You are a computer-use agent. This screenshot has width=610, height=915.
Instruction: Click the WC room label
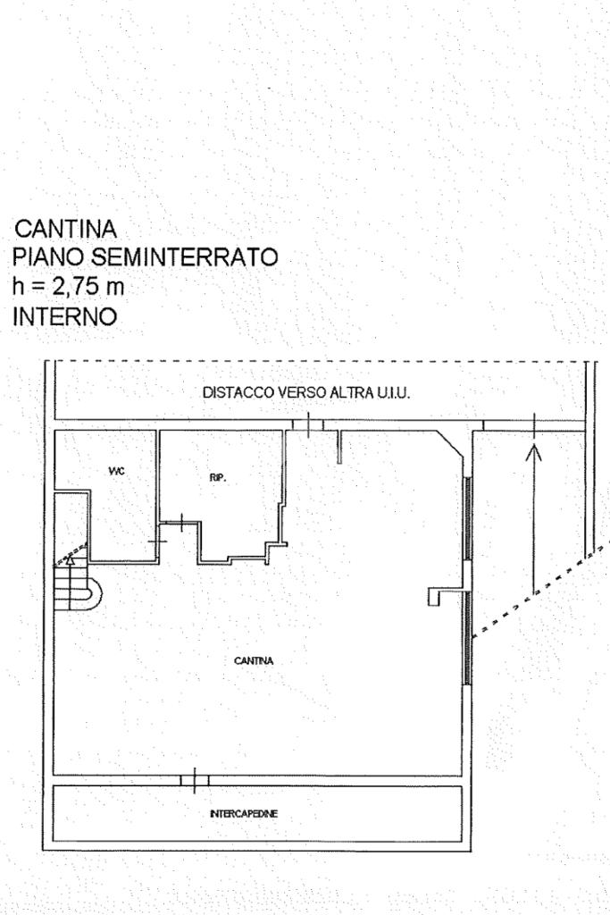pos(117,470)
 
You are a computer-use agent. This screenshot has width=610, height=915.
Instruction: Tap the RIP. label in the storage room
pos(218,477)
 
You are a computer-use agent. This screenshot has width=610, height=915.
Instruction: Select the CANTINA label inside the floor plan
pos(253,661)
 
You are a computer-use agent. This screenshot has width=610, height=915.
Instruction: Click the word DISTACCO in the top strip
pos(234,393)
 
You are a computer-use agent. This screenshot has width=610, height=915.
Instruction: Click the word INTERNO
pos(64,316)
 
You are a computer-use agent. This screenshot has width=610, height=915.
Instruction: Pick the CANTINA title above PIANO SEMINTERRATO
pos(66,230)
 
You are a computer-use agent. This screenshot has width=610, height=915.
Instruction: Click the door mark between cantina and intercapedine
pos(194,781)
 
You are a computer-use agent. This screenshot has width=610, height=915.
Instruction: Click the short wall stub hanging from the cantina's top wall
pos(339,447)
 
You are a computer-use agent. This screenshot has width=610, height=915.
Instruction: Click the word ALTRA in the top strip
pos(355,393)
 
